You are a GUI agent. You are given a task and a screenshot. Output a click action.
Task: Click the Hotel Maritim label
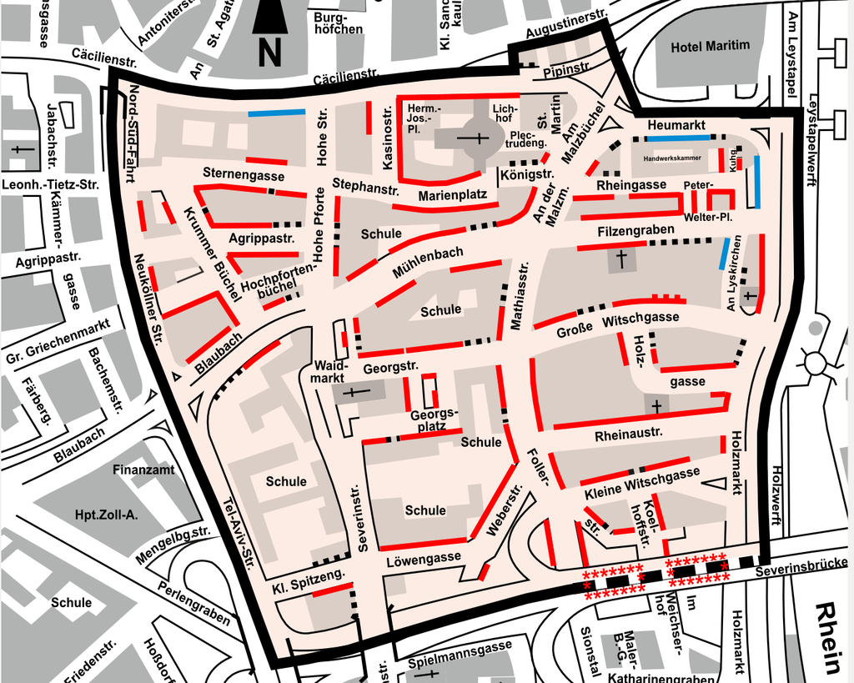pos(710,46)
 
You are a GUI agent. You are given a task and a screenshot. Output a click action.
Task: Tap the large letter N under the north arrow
pos(269,52)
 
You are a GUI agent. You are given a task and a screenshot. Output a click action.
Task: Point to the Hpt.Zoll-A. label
pos(106,515)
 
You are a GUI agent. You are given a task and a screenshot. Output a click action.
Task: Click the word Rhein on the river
pos(829,637)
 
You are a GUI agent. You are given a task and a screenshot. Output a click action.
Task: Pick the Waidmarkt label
pos(329,372)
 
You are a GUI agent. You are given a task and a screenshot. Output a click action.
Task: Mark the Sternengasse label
pos(244,176)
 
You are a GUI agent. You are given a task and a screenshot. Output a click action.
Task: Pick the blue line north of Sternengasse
pos(276,113)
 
